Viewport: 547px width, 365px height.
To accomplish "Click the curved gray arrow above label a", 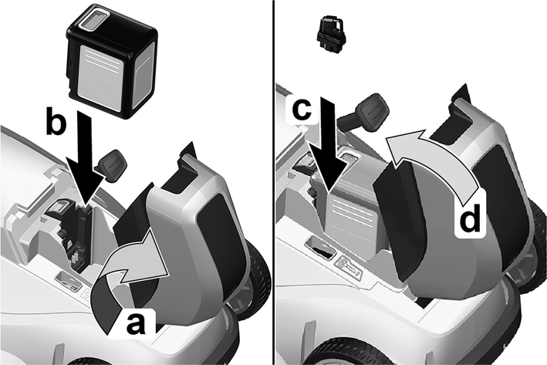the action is point(129,282).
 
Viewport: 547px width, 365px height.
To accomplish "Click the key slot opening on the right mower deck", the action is point(319,248).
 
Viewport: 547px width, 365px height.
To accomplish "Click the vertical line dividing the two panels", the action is point(274,182).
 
